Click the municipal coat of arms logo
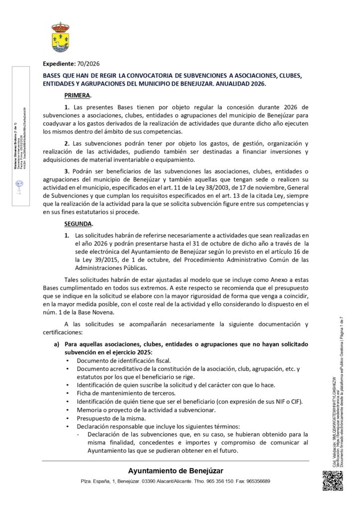pyautogui.click(x=61, y=38)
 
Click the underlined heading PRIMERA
pyautogui.click(x=78, y=94)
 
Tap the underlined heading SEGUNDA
pyautogui.click(x=79, y=224)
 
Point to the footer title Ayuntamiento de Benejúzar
pyautogui.click(x=176, y=471)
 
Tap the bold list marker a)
pyautogui.click(x=56, y=344)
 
